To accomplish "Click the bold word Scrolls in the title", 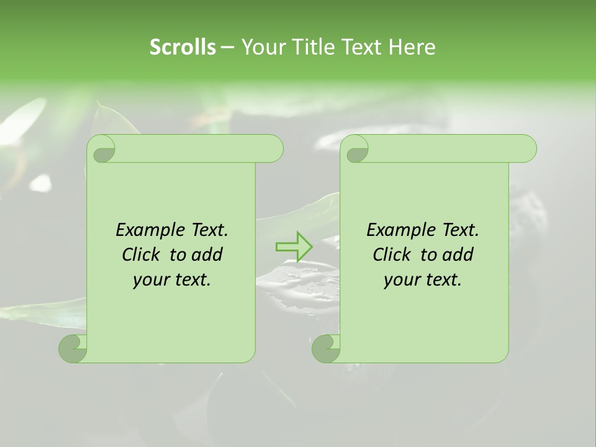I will pos(183,47).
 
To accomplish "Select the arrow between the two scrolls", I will pos(294,246).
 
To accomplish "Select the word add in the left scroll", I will pos(207,255).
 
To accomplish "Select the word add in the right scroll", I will pos(458,255).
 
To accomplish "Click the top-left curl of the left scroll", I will pos(102,150).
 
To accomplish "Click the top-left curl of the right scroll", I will pos(355,150).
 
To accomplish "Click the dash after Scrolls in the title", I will pos(227,47).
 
